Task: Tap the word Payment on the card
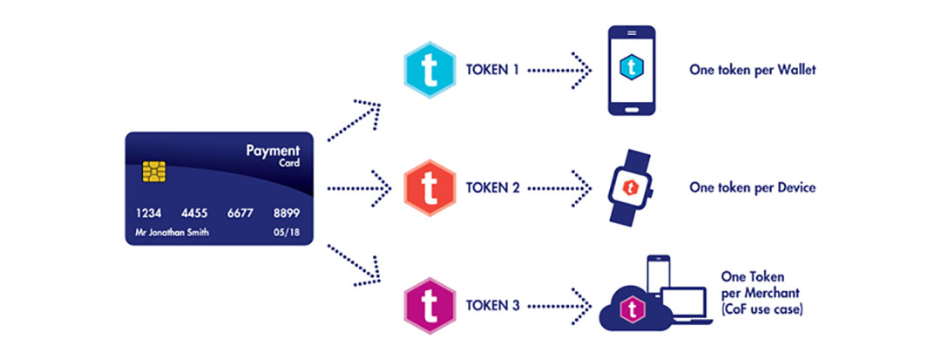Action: click(x=274, y=149)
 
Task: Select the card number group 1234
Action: click(x=148, y=214)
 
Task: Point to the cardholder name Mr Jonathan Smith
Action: click(x=172, y=233)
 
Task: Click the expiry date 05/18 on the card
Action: click(x=283, y=233)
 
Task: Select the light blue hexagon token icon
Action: click(x=430, y=67)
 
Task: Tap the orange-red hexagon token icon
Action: click(x=430, y=187)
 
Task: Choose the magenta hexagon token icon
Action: click(x=430, y=305)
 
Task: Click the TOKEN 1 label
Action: click(x=493, y=68)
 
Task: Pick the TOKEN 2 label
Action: click(x=493, y=187)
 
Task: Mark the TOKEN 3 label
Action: click(x=493, y=306)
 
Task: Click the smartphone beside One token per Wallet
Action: click(x=630, y=70)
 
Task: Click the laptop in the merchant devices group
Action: click(x=687, y=304)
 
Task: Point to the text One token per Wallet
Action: click(x=752, y=69)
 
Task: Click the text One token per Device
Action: click(x=752, y=187)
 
